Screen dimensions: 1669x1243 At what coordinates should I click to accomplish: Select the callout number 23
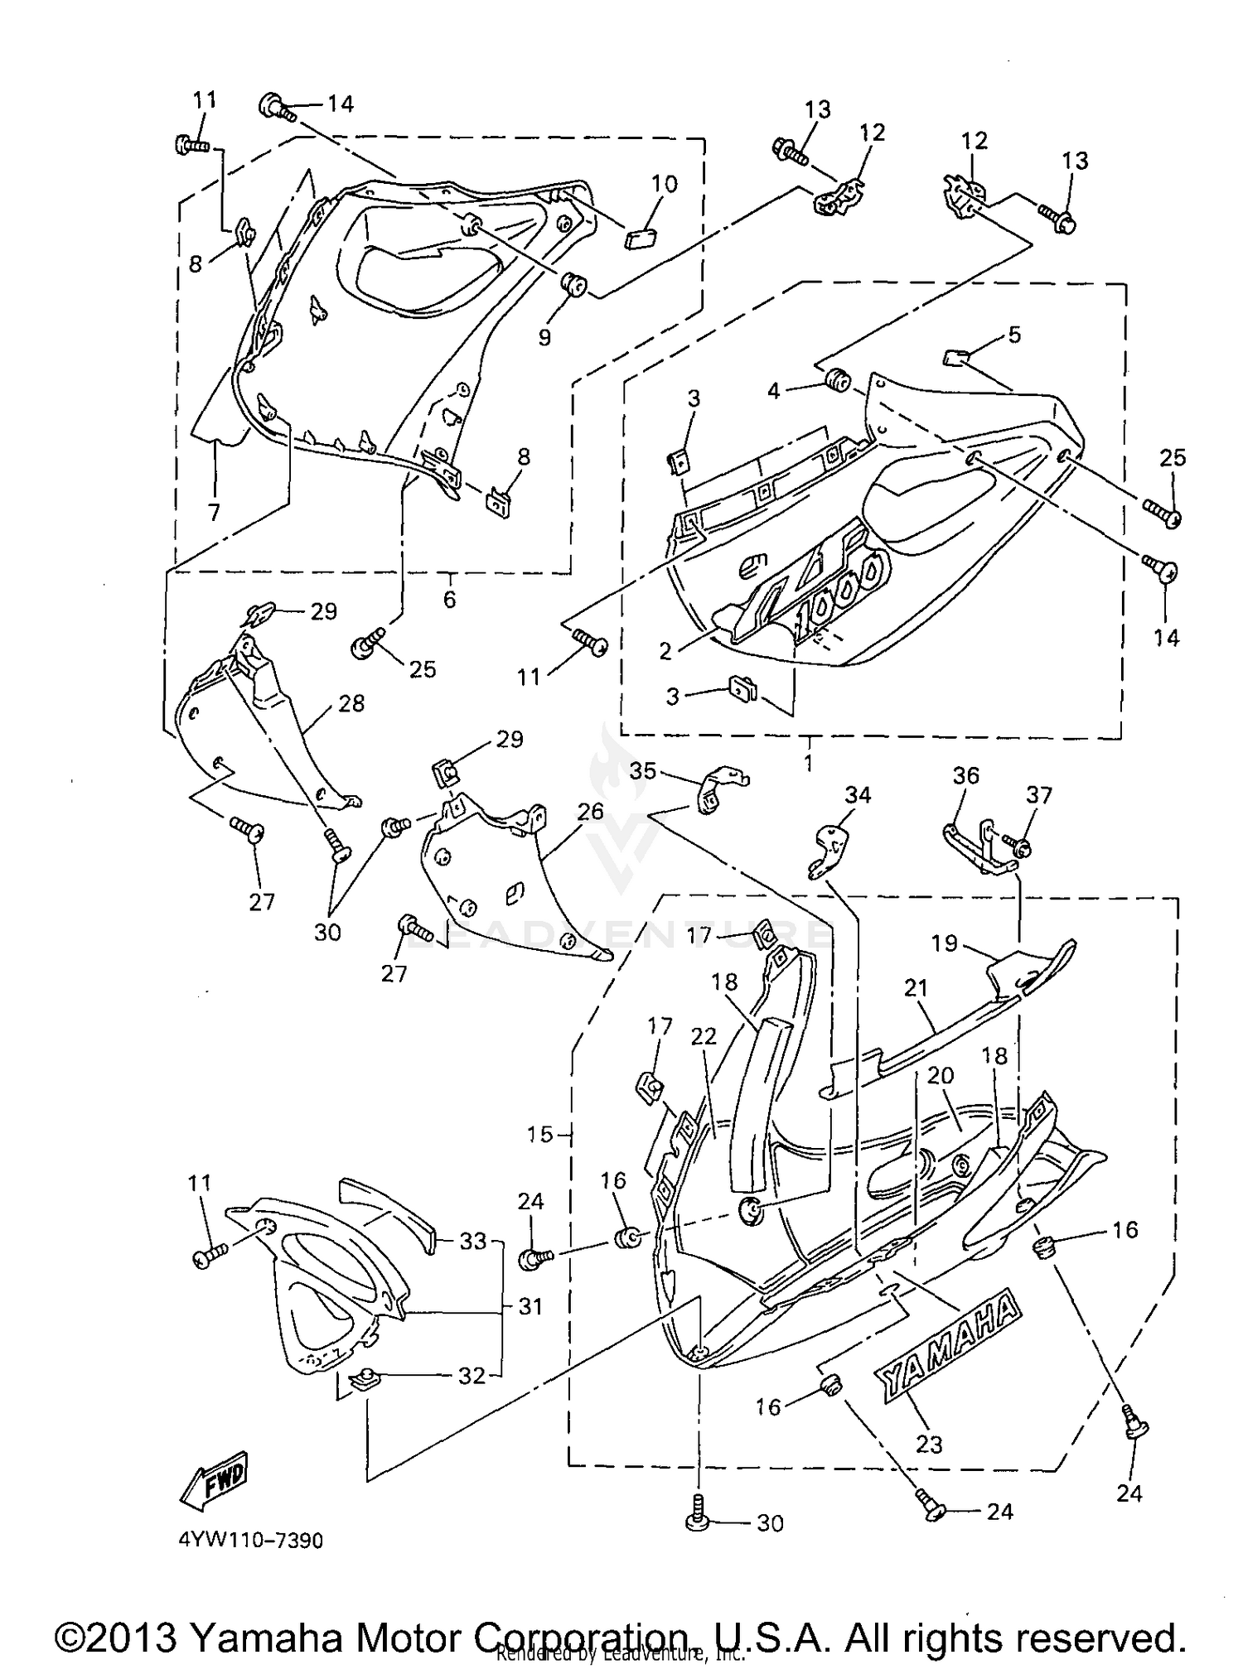pos(929,1445)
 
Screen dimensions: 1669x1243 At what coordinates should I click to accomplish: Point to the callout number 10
pos(665,184)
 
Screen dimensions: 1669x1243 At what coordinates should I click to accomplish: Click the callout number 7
pos(215,513)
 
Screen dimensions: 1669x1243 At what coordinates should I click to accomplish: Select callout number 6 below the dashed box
pos(449,599)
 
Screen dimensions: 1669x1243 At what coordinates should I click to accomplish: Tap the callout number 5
pos(1014,335)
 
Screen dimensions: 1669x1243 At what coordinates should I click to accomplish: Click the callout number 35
pos(642,771)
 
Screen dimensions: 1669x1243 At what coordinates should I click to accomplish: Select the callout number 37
pos(1038,795)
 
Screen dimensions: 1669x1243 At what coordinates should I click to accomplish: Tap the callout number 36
pos(965,776)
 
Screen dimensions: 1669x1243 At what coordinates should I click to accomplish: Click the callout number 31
pos(530,1307)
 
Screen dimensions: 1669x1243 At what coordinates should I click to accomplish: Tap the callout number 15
pos(539,1134)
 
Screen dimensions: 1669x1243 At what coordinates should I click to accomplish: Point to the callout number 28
pos(351,703)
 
